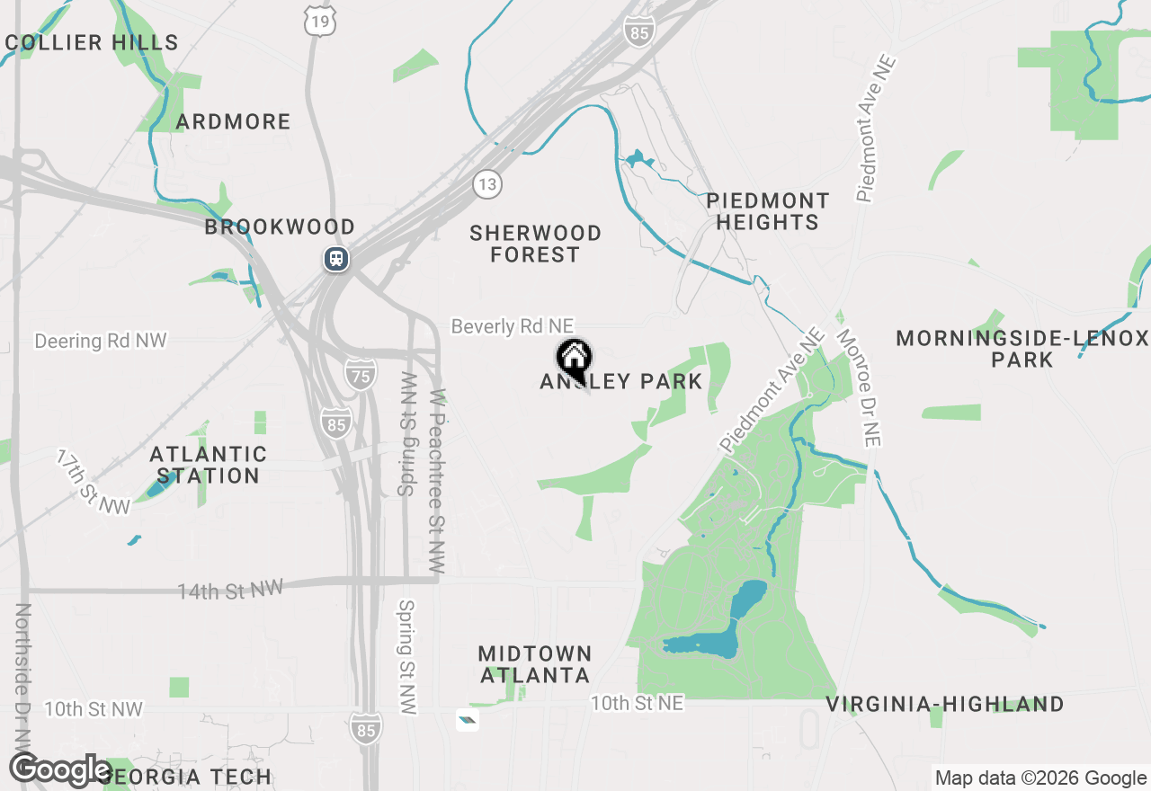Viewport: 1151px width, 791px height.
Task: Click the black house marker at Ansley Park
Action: click(573, 360)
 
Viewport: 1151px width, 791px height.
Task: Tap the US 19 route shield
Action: click(319, 20)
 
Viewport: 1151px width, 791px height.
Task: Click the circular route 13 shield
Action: click(486, 185)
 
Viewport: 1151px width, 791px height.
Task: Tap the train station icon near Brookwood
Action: click(336, 259)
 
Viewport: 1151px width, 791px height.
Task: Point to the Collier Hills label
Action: click(92, 42)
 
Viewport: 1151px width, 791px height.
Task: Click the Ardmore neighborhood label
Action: click(233, 121)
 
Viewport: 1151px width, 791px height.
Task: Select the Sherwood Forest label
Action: click(535, 244)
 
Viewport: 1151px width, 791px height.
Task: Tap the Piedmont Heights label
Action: click(767, 211)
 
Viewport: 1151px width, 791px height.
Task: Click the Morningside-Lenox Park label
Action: click(1022, 349)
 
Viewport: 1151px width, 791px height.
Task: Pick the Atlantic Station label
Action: click(209, 465)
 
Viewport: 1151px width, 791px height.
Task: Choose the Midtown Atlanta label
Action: click(535, 664)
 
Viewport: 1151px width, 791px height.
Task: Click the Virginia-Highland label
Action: click(945, 704)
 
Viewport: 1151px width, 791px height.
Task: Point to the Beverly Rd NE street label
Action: click(512, 326)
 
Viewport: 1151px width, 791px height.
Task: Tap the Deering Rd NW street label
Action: click(101, 341)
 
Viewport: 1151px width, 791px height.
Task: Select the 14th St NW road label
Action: click(230, 590)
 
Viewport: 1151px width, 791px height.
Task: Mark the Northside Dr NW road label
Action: click(23, 674)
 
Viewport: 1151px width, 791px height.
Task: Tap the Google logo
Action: click(60, 770)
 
